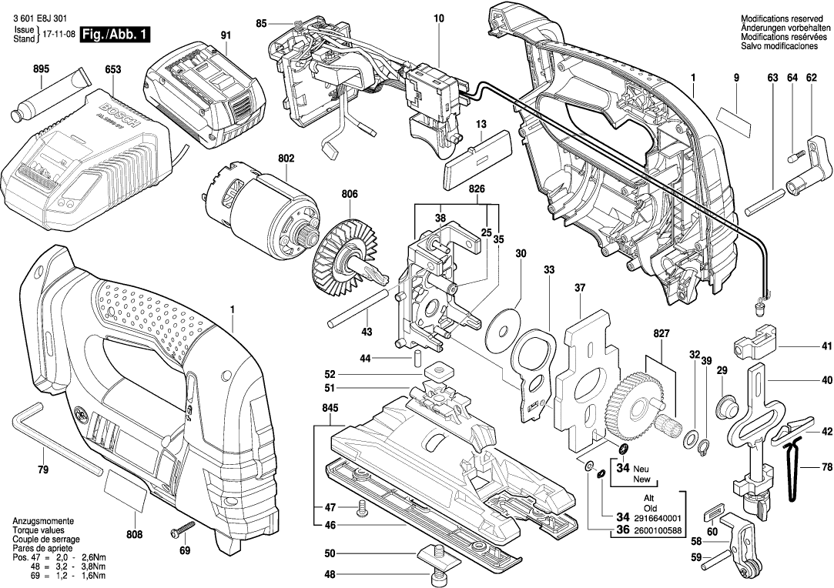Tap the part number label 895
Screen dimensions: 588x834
[x=41, y=69]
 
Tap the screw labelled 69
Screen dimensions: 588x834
[x=183, y=532]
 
